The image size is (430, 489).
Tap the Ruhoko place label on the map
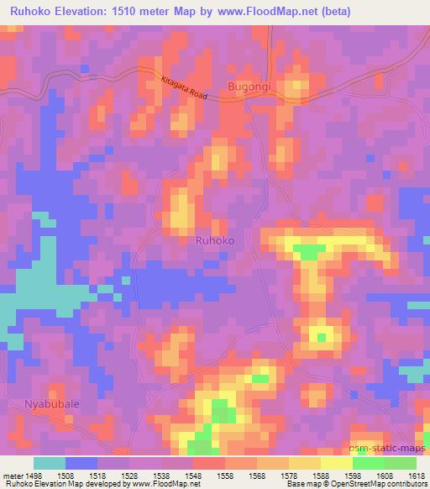[214, 240]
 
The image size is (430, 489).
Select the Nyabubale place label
[52, 403]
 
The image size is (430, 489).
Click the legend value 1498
[34, 475]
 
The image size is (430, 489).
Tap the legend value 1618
[417, 475]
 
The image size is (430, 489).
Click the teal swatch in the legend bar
[50, 463]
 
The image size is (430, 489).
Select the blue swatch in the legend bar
[81, 463]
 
